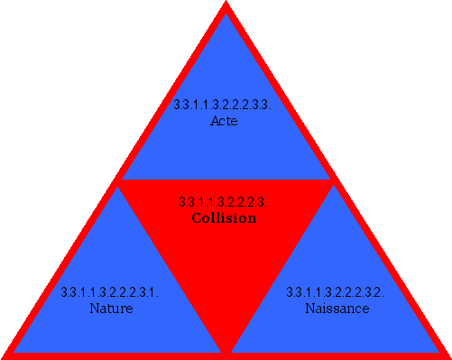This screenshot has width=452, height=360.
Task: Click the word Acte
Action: pos(224,120)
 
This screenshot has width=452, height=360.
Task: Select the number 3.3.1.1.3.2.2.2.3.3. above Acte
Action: pos(223,105)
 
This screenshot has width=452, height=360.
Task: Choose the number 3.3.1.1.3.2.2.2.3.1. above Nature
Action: pos(110,292)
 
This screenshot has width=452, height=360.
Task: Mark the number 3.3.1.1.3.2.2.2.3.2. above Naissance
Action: pos(336,292)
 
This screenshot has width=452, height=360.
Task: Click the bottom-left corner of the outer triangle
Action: pos(5,355)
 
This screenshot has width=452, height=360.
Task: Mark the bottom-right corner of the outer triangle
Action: pos(447,355)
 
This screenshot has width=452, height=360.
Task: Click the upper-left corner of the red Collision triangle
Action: pos(121,181)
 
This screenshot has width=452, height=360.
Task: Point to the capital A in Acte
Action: pos(214,120)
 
